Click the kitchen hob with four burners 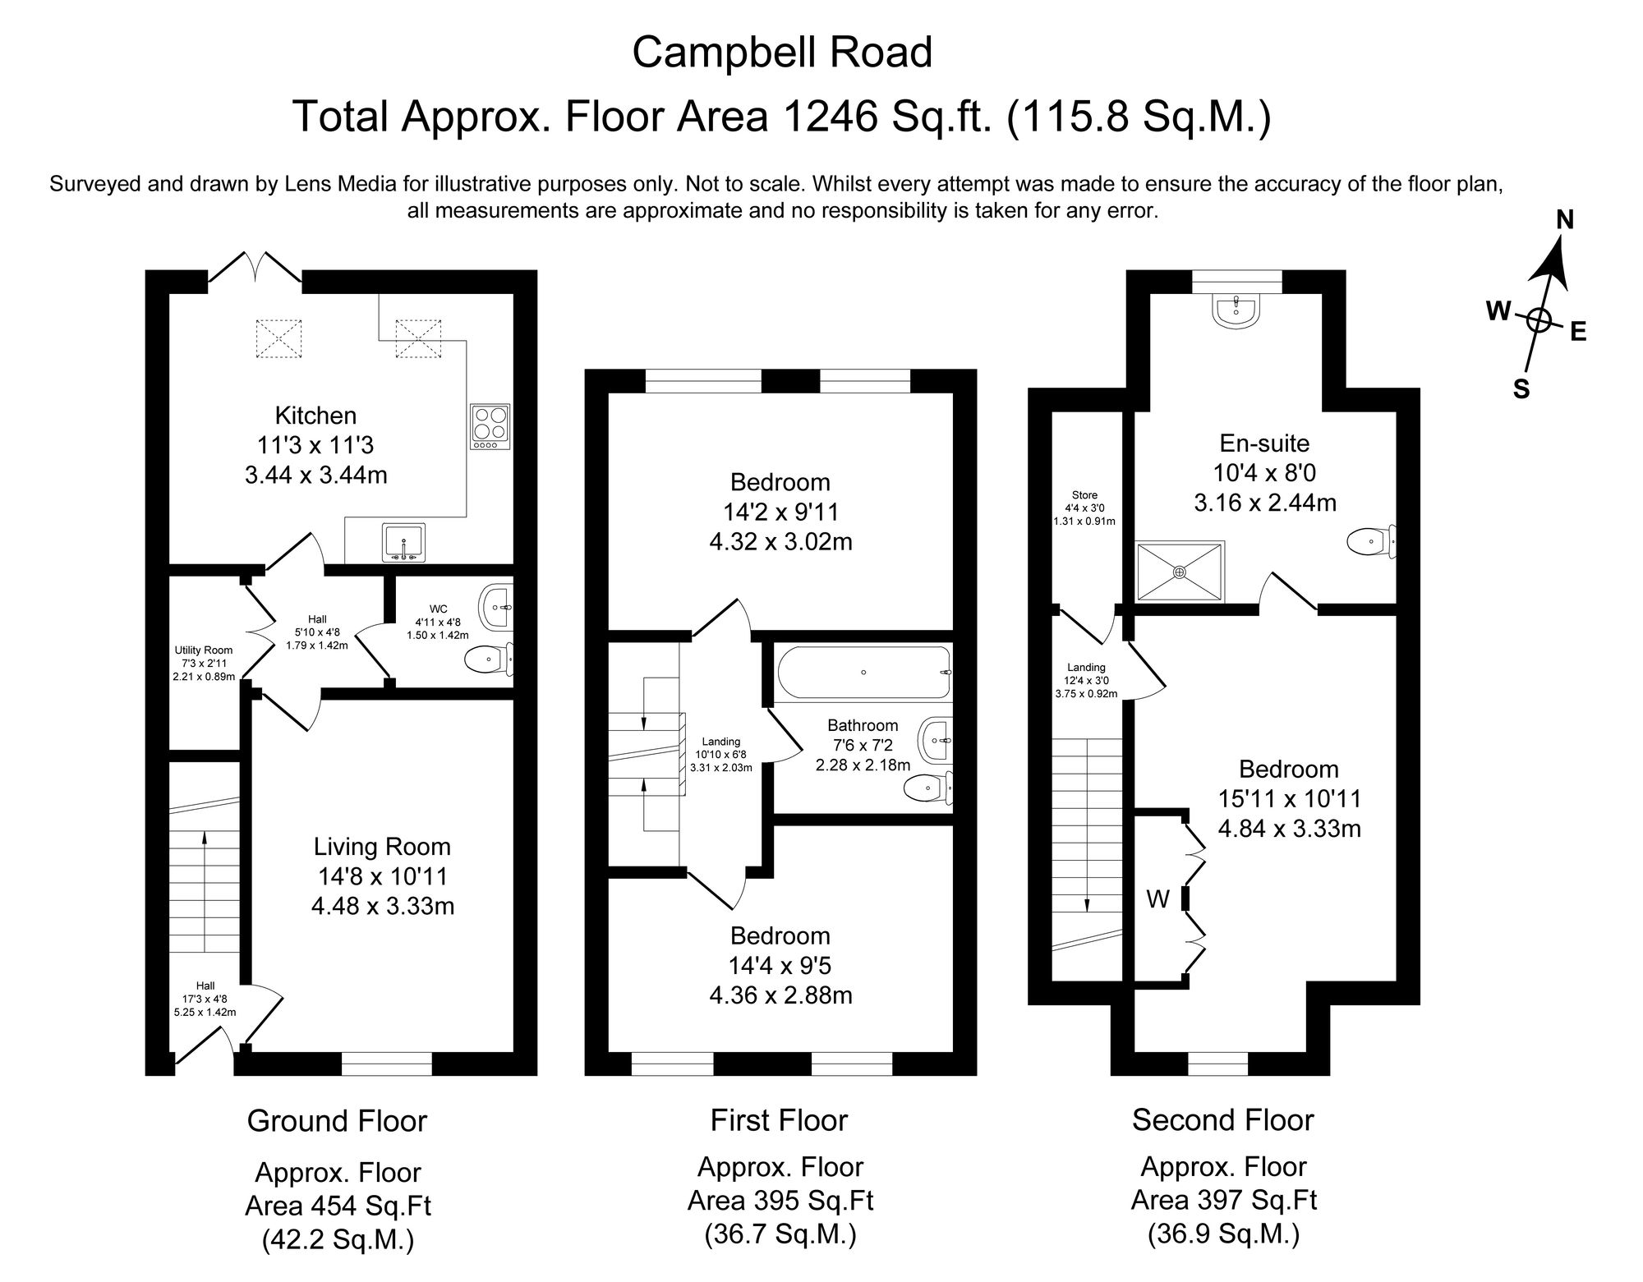click(490, 426)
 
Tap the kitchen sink click(404, 543)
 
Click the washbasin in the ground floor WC click(498, 608)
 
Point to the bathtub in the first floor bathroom click(863, 673)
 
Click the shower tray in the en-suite click(1180, 572)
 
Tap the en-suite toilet click(1372, 542)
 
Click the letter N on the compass click(1566, 219)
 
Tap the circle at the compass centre click(1539, 321)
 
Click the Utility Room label click(204, 650)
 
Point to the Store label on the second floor click(1084, 495)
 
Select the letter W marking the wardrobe click(1157, 900)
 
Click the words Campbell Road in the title click(782, 53)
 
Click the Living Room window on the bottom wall click(387, 1064)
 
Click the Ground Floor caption click(338, 1121)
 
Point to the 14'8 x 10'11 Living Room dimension click(384, 876)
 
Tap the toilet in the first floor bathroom click(928, 788)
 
